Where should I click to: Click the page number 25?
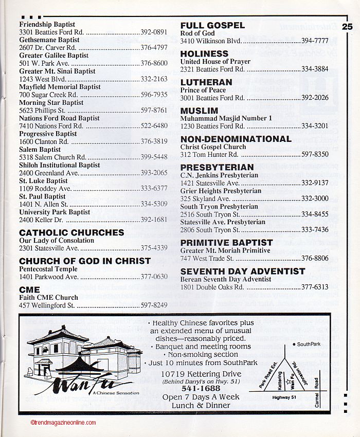(347, 26)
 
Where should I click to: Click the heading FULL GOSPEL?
(212, 25)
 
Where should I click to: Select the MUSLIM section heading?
(199, 111)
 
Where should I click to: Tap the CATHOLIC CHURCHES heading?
(71, 232)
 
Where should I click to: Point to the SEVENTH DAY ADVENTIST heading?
(243, 271)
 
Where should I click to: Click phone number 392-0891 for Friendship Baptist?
(154, 32)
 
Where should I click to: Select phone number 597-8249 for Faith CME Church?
(154, 305)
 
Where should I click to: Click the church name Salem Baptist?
(40, 150)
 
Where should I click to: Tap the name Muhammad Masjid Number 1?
(226, 118)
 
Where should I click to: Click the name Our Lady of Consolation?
(57, 240)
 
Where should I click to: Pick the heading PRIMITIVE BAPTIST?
(226, 243)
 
